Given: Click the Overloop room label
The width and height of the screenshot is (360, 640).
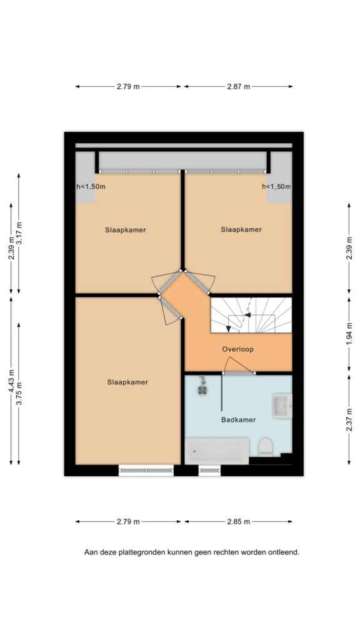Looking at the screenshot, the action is pyautogui.click(x=237, y=349).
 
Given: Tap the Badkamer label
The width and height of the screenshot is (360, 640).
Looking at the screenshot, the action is pyautogui.click(x=238, y=419).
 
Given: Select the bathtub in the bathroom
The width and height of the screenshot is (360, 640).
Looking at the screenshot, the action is pyautogui.click(x=217, y=451).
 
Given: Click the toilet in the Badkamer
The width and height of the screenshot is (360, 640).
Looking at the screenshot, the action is pyautogui.click(x=265, y=447).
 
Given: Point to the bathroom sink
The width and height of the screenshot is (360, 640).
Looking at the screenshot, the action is pyautogui.click(x=282, y=406).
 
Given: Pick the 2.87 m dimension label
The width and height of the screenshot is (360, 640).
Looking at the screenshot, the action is pyautogui.click(x=238, y=86).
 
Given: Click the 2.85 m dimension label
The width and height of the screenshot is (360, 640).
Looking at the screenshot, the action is pyautogui.click(x=238, y=522).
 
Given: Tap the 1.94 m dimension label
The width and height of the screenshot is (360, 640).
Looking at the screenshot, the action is pyautogui.click(x=349, y=334).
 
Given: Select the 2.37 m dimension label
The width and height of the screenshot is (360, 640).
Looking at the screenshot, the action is pyautogui.click(x=349, y=419).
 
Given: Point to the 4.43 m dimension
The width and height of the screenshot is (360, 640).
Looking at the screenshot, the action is pyautogui.click(x=11, y=381).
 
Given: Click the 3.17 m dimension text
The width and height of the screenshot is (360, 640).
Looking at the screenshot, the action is pyautogui.click(x=19, y=233).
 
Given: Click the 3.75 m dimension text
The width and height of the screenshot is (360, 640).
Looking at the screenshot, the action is pyautogui.click(x=19, y=393).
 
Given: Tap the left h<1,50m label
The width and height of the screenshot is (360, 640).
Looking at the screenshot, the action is pyautogui.click(x=91, y=187).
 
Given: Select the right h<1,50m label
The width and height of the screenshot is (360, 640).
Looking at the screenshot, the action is pyautogui.click(x=276, y=187).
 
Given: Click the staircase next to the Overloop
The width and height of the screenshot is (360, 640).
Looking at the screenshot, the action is pyautogui.click(x=251, y=315).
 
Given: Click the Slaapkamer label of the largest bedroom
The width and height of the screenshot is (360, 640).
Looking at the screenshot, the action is pyautogui.click(x=127, y=382).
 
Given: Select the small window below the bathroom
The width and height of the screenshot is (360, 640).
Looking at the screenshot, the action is pyautogui.click(x=210, y=471).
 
